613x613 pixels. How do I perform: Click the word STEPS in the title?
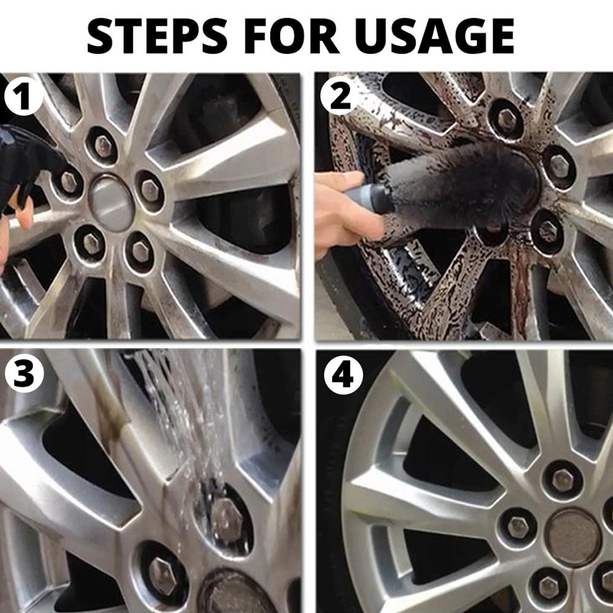(x=157, y=36)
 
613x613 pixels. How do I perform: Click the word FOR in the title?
(x=291, y=36)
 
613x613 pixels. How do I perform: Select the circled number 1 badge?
(x=23, y=96)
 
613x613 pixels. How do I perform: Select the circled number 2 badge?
(x=340, y=96)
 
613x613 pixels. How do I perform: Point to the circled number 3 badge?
(x=23, y=374)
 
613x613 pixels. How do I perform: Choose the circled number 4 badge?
(x=343, y=375)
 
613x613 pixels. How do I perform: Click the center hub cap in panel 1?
(x=112, y=203)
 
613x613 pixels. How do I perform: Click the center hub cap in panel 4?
(x=573, y=538)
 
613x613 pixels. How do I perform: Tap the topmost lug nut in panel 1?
(x=103, y=145)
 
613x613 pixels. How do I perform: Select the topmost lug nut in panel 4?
(x=563, y=480)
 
